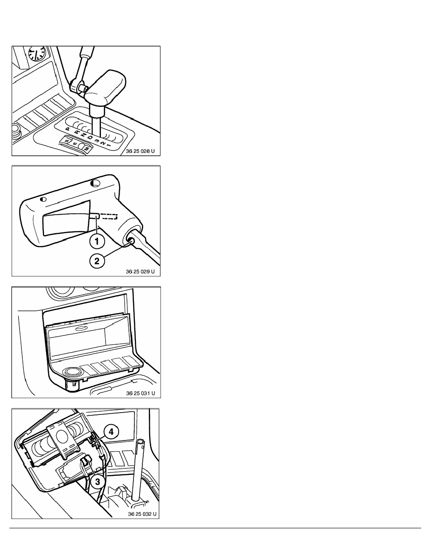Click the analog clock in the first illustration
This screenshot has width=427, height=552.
point(37,53)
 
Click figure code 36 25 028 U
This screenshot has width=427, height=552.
point(140,151)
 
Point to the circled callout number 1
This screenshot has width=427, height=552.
point(97,241)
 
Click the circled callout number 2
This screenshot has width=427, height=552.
point(97,261)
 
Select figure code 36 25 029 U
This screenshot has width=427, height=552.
point(140,271)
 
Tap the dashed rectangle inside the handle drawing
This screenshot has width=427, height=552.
point(109,216)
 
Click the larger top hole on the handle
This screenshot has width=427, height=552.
point(95,183)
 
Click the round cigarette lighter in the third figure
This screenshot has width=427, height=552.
point(72,371)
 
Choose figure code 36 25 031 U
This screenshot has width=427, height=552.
point(140,393)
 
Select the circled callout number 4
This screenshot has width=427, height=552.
point(111,432)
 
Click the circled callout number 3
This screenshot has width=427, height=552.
point(98,481)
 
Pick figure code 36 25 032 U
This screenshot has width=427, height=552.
point(142,513)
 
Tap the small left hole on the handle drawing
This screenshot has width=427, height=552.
point(43,199)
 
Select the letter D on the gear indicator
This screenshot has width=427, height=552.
point(90,138)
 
